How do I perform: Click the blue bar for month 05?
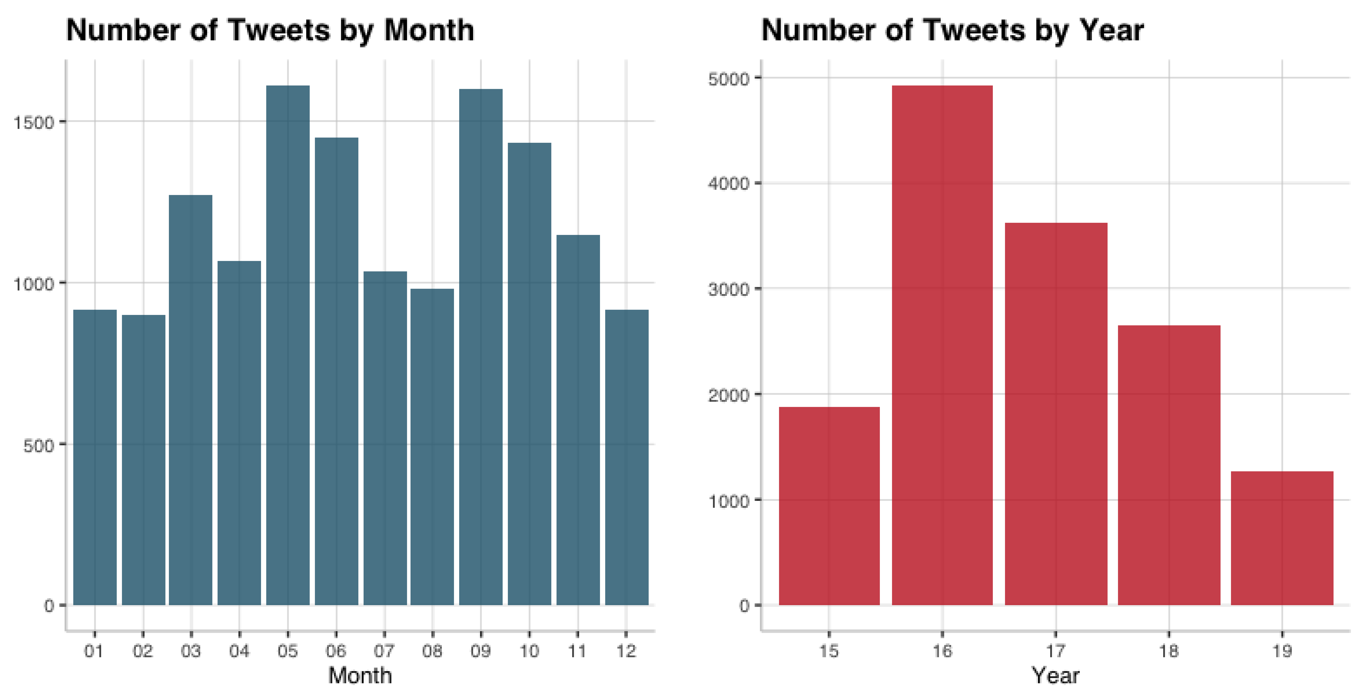pyautogui.click(x=287, y=346)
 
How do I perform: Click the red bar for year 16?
pyautogui.click(x=942, y=346)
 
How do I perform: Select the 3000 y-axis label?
pyautogui.click(x=729, y=290)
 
